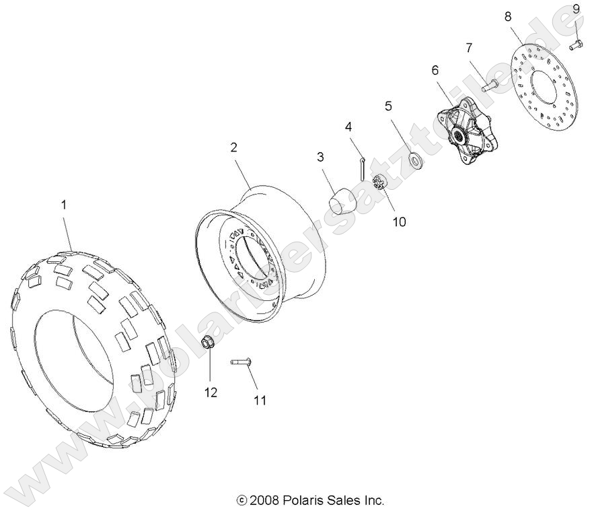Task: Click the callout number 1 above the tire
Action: pyautogui.click(x=64, y=205)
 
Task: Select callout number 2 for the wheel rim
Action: pyautogui.click(x=233, y=147)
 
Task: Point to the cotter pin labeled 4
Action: pyautogui.click(x=362, y=169)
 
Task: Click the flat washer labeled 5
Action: pyautogui.click(x=415, y=160)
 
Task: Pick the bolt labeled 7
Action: pyautogui.click(x=490, y=85)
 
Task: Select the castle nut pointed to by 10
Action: pyautogui.click(x=379, y=183)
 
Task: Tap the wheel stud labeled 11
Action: pyautogui.click(x=241, y=362)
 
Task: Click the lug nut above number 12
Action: pyautogui.click(x=207, y=342)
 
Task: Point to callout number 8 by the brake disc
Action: pyautogui.click(x=508, y=17)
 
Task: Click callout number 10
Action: pyautogui.click(x=399, y=222)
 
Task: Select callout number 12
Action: pyautogui.click(x=211, y=393)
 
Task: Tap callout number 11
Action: pyautogui.click(x=260, y=401)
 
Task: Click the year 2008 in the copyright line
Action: pyautogui.click(x=264, y=500)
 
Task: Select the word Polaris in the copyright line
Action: pyautogui.click(x=300, y=500)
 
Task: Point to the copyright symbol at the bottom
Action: pyautogui.click(x=242, y=500)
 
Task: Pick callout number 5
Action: pyautogui.click(x=388, y=106)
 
